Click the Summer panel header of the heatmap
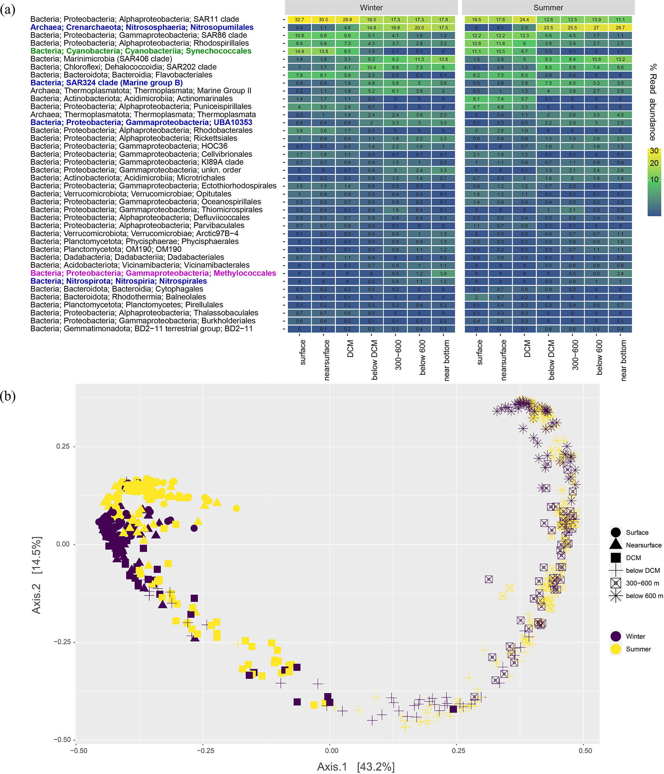point(548,7)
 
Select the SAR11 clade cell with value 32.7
point(299,19)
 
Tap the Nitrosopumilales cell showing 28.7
point(620,28)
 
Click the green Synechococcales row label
point(141,51)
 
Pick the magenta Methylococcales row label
point(153,273)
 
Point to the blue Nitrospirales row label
point(119,281)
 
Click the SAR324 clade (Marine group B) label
point(106,83)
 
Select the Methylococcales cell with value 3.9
point(443,273)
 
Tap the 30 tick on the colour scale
point(654,151)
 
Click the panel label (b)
point(8,396)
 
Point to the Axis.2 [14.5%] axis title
point(36,575)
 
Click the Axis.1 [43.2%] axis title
point(356,767)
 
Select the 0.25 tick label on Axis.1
point(458,751)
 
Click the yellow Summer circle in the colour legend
point(615,649)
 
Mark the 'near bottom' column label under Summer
point(623,360)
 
